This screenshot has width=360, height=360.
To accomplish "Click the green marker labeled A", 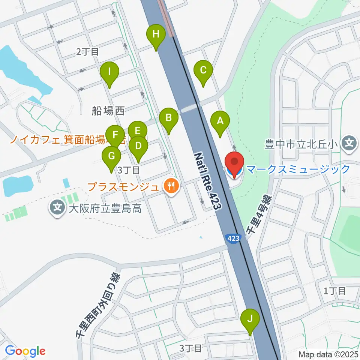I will pos(220,121).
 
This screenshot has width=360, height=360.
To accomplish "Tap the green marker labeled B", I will pos(168,118).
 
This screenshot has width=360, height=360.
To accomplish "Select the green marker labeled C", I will pos(203,70).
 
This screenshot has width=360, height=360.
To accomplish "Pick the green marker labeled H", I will pos(156,34).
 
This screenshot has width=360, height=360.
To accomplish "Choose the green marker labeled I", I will pos(109,72).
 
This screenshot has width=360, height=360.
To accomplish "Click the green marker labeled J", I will pos(250,319).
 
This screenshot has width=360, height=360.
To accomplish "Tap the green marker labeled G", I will pos(111,156).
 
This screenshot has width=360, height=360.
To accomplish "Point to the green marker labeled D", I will pos(138,145).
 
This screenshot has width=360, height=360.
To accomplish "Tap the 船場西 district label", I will pos(108,110).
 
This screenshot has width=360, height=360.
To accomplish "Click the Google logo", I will pos(25,351).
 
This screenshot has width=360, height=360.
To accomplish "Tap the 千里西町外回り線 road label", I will pos(97,306).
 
